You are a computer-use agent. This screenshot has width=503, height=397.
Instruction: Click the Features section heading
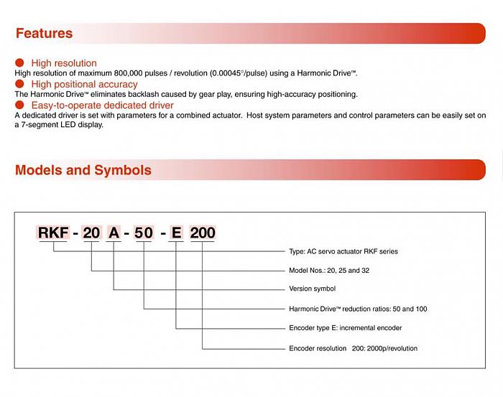point(44,33)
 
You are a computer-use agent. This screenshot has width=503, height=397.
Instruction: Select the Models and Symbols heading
point(83,170)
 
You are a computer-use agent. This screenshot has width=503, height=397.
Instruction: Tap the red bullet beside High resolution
point(19,62)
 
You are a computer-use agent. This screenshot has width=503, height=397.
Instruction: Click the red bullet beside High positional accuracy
point(19,84)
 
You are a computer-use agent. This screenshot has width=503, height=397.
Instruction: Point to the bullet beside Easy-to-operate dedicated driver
point(19,105)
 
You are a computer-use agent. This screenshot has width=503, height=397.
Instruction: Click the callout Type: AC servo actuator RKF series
point(343,251)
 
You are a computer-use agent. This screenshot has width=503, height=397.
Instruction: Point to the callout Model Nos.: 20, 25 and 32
point(328,271)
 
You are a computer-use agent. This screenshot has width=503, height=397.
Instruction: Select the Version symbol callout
point(312,289)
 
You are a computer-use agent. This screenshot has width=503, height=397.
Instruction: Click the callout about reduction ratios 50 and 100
point(358,309)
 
